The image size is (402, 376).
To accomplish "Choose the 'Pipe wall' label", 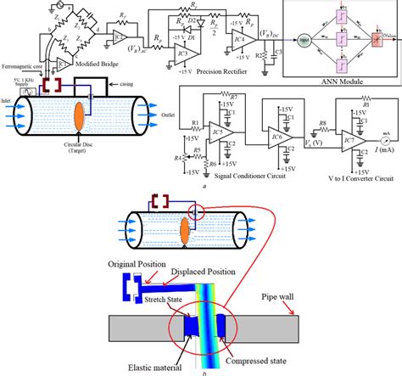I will (339, 297).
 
